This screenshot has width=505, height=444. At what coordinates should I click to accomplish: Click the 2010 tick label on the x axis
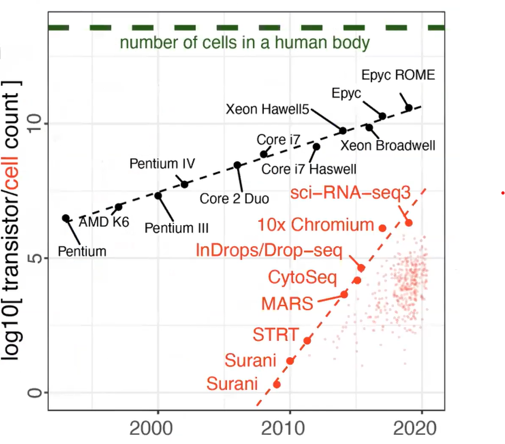tap(289, 427)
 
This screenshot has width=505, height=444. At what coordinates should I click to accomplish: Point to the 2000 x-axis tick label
tap(158, 427)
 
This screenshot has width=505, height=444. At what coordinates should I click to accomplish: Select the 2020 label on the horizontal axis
tap(421, 427)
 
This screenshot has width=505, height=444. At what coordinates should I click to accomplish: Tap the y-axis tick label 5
tap(35, 258)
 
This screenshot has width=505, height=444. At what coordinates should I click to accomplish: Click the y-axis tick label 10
tap(35, 124)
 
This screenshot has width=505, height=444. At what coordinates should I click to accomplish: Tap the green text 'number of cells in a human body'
tap(245, 43)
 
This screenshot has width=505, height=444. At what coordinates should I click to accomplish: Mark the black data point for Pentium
tap(66, 218)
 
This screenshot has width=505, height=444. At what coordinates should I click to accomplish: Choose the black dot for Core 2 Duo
tap(237, 165)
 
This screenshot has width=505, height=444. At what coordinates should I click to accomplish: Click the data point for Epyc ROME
tap(409, 108)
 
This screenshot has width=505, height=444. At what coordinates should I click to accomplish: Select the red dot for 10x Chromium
tap(382, 228)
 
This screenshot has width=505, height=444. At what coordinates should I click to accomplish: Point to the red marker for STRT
tap(307, 340)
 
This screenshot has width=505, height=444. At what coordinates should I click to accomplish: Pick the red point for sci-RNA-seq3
tap(409, 223)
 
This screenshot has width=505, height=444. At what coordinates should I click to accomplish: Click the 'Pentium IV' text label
tap(162, 164)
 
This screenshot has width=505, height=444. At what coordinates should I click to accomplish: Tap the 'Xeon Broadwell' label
tap(388, 146)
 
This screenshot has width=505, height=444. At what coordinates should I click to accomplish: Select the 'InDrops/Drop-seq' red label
tap(269, 250)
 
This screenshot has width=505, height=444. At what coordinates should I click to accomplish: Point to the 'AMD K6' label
tap(104, 222)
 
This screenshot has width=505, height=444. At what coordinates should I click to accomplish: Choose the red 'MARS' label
tap(287, 303)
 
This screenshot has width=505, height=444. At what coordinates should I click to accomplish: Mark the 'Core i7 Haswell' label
tap(309, 169)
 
